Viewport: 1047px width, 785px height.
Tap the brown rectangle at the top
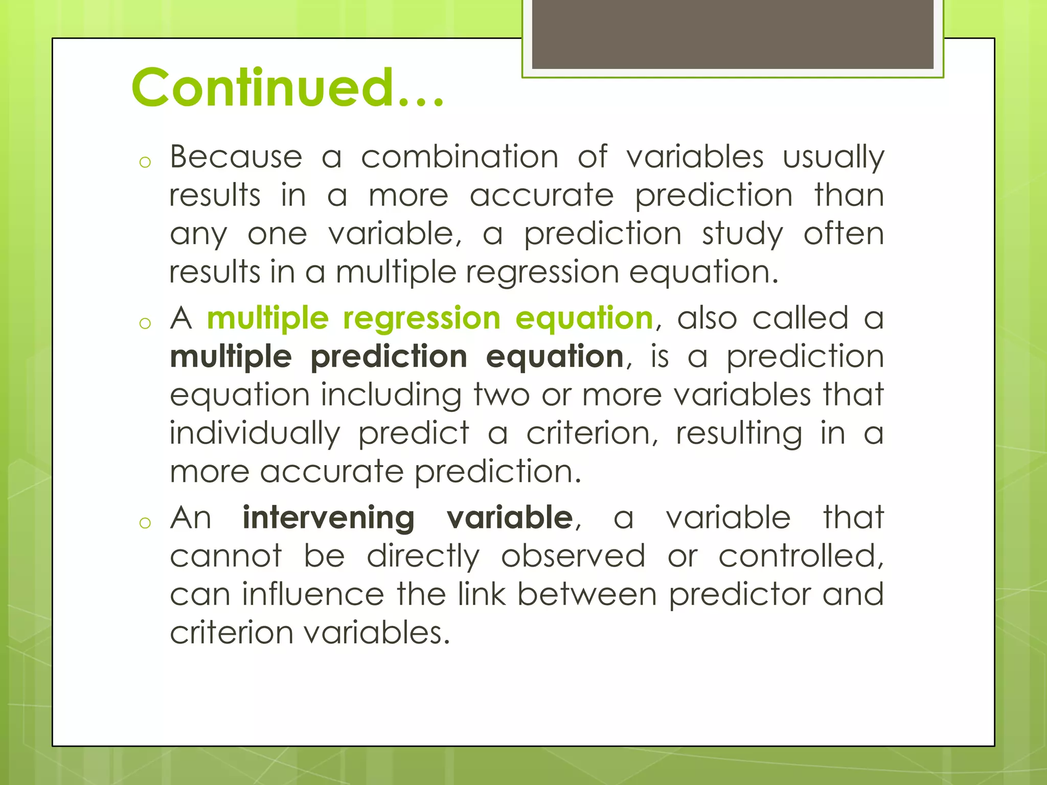tap(732, 35)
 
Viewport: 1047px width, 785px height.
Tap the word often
tap(844, 234)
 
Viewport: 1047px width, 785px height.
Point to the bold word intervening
tap(328, 517)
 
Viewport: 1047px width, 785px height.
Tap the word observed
tap(573, 556)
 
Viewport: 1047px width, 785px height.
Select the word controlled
tap(801, 556)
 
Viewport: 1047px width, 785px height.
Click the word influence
tap(312, 594)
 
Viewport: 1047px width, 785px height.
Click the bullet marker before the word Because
tap(145, 163)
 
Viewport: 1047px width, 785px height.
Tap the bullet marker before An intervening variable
tap(145, 523)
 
